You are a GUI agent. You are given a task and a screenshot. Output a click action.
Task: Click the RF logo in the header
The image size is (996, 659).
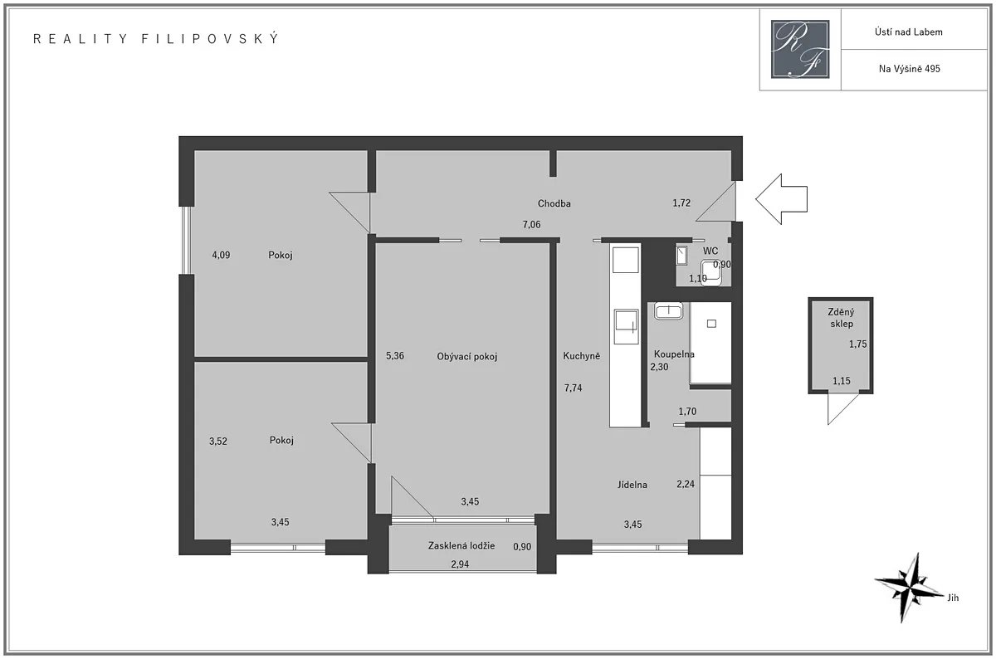[800, 49]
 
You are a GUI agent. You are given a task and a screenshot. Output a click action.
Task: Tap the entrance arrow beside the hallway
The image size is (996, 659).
[781, 198]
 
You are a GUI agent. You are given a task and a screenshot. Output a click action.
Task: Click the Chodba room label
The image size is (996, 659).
[554, 203]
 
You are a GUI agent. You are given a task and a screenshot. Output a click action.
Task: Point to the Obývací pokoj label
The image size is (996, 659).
[466, 357]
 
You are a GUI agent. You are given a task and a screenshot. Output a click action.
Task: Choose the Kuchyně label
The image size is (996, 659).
[582, 356]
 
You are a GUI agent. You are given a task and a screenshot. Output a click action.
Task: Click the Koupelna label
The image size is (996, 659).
[674, 354]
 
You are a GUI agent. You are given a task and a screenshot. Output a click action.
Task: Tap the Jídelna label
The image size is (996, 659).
[632, 485]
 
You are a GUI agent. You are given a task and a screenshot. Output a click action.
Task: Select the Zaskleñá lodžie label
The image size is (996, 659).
[461, 545]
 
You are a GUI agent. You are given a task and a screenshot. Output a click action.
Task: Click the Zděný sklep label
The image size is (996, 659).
[842, 318]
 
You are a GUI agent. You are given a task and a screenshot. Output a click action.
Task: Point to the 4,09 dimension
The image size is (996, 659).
[221, 256]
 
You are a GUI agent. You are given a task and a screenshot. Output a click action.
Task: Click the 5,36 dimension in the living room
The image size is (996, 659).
[395, 356]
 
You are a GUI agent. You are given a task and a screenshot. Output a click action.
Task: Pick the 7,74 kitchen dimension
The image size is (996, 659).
[574, 388]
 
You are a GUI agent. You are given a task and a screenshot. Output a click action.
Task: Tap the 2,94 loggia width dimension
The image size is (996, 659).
[460, 564]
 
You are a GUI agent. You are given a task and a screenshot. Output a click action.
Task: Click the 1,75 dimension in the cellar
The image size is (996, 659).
[857, 344]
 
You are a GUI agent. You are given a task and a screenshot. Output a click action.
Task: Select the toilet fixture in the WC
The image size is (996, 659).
[711, 272]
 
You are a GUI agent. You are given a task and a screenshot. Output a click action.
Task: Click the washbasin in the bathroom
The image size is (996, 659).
[668, 310]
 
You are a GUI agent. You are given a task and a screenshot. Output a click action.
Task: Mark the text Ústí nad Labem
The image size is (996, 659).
[908, 32]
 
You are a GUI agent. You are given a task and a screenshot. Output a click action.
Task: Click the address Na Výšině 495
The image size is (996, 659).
[910, 69]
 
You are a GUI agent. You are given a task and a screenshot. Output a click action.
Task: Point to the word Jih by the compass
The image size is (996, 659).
[953, 598]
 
